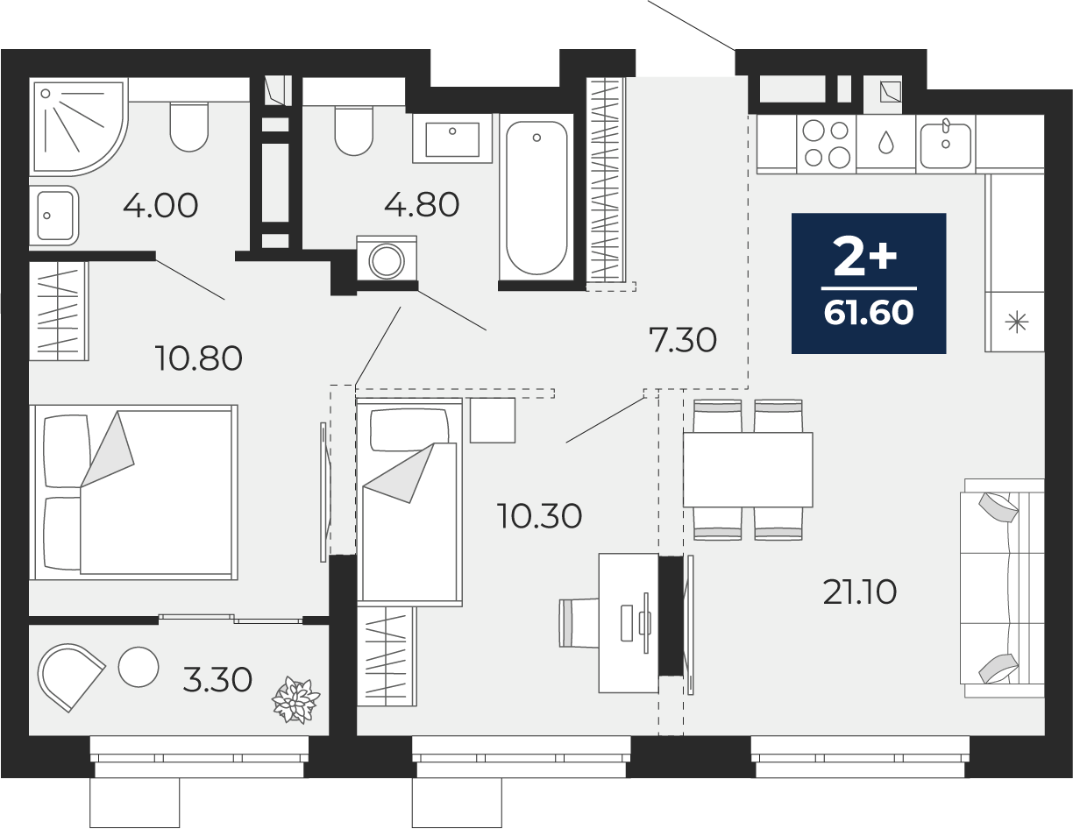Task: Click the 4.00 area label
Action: point(160,205)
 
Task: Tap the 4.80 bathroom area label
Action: point(422,205)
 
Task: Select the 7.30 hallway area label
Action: point(682,341)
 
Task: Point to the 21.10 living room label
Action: point(860,592)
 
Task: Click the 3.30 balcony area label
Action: point(217,680)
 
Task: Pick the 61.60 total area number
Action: point(869,312)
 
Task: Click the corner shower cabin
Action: point(79,126)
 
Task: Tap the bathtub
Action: point(536,197)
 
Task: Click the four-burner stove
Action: point(826,144)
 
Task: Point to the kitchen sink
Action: point(946,144)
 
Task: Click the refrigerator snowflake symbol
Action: point(1016,322)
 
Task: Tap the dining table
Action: point(748,470)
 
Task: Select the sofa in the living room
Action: point(1002,588)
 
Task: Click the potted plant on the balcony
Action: point(295,701)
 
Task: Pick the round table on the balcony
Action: point(139,667)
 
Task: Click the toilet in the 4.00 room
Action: point(189,127)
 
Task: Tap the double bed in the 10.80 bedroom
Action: point(133,492)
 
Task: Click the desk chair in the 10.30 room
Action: point(579,623)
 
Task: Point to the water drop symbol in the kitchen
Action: point(886,142)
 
